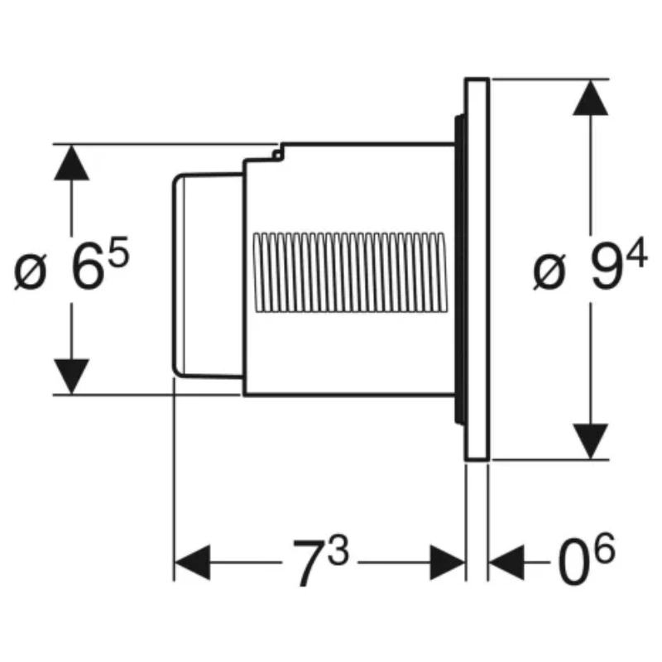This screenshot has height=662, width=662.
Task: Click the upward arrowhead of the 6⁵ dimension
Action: point(72,161)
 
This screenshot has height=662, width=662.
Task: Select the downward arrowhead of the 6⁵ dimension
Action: point(72,377)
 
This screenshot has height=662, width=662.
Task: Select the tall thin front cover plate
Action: point(477,269)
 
